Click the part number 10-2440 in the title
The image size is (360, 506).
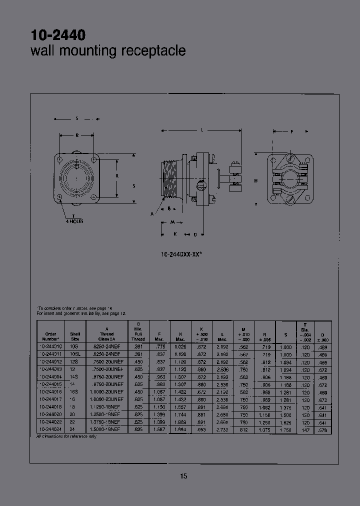coord(58,35)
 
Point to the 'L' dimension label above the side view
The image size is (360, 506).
coord(201,130)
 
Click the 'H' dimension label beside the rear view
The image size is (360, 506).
coord(256,180)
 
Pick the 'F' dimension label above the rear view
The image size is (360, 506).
coord(291,131)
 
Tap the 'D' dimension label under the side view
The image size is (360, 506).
coord(195,234)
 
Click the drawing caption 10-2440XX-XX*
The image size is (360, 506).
coord(181,254)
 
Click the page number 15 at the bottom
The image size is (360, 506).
coord(183,476)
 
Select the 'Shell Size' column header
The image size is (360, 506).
coord(75,336)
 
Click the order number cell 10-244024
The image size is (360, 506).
coord(50,429)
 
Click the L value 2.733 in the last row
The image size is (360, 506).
coord(222,429)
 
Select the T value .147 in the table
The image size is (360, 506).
coord(305,429)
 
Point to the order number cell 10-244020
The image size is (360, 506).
coord(50,415)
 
